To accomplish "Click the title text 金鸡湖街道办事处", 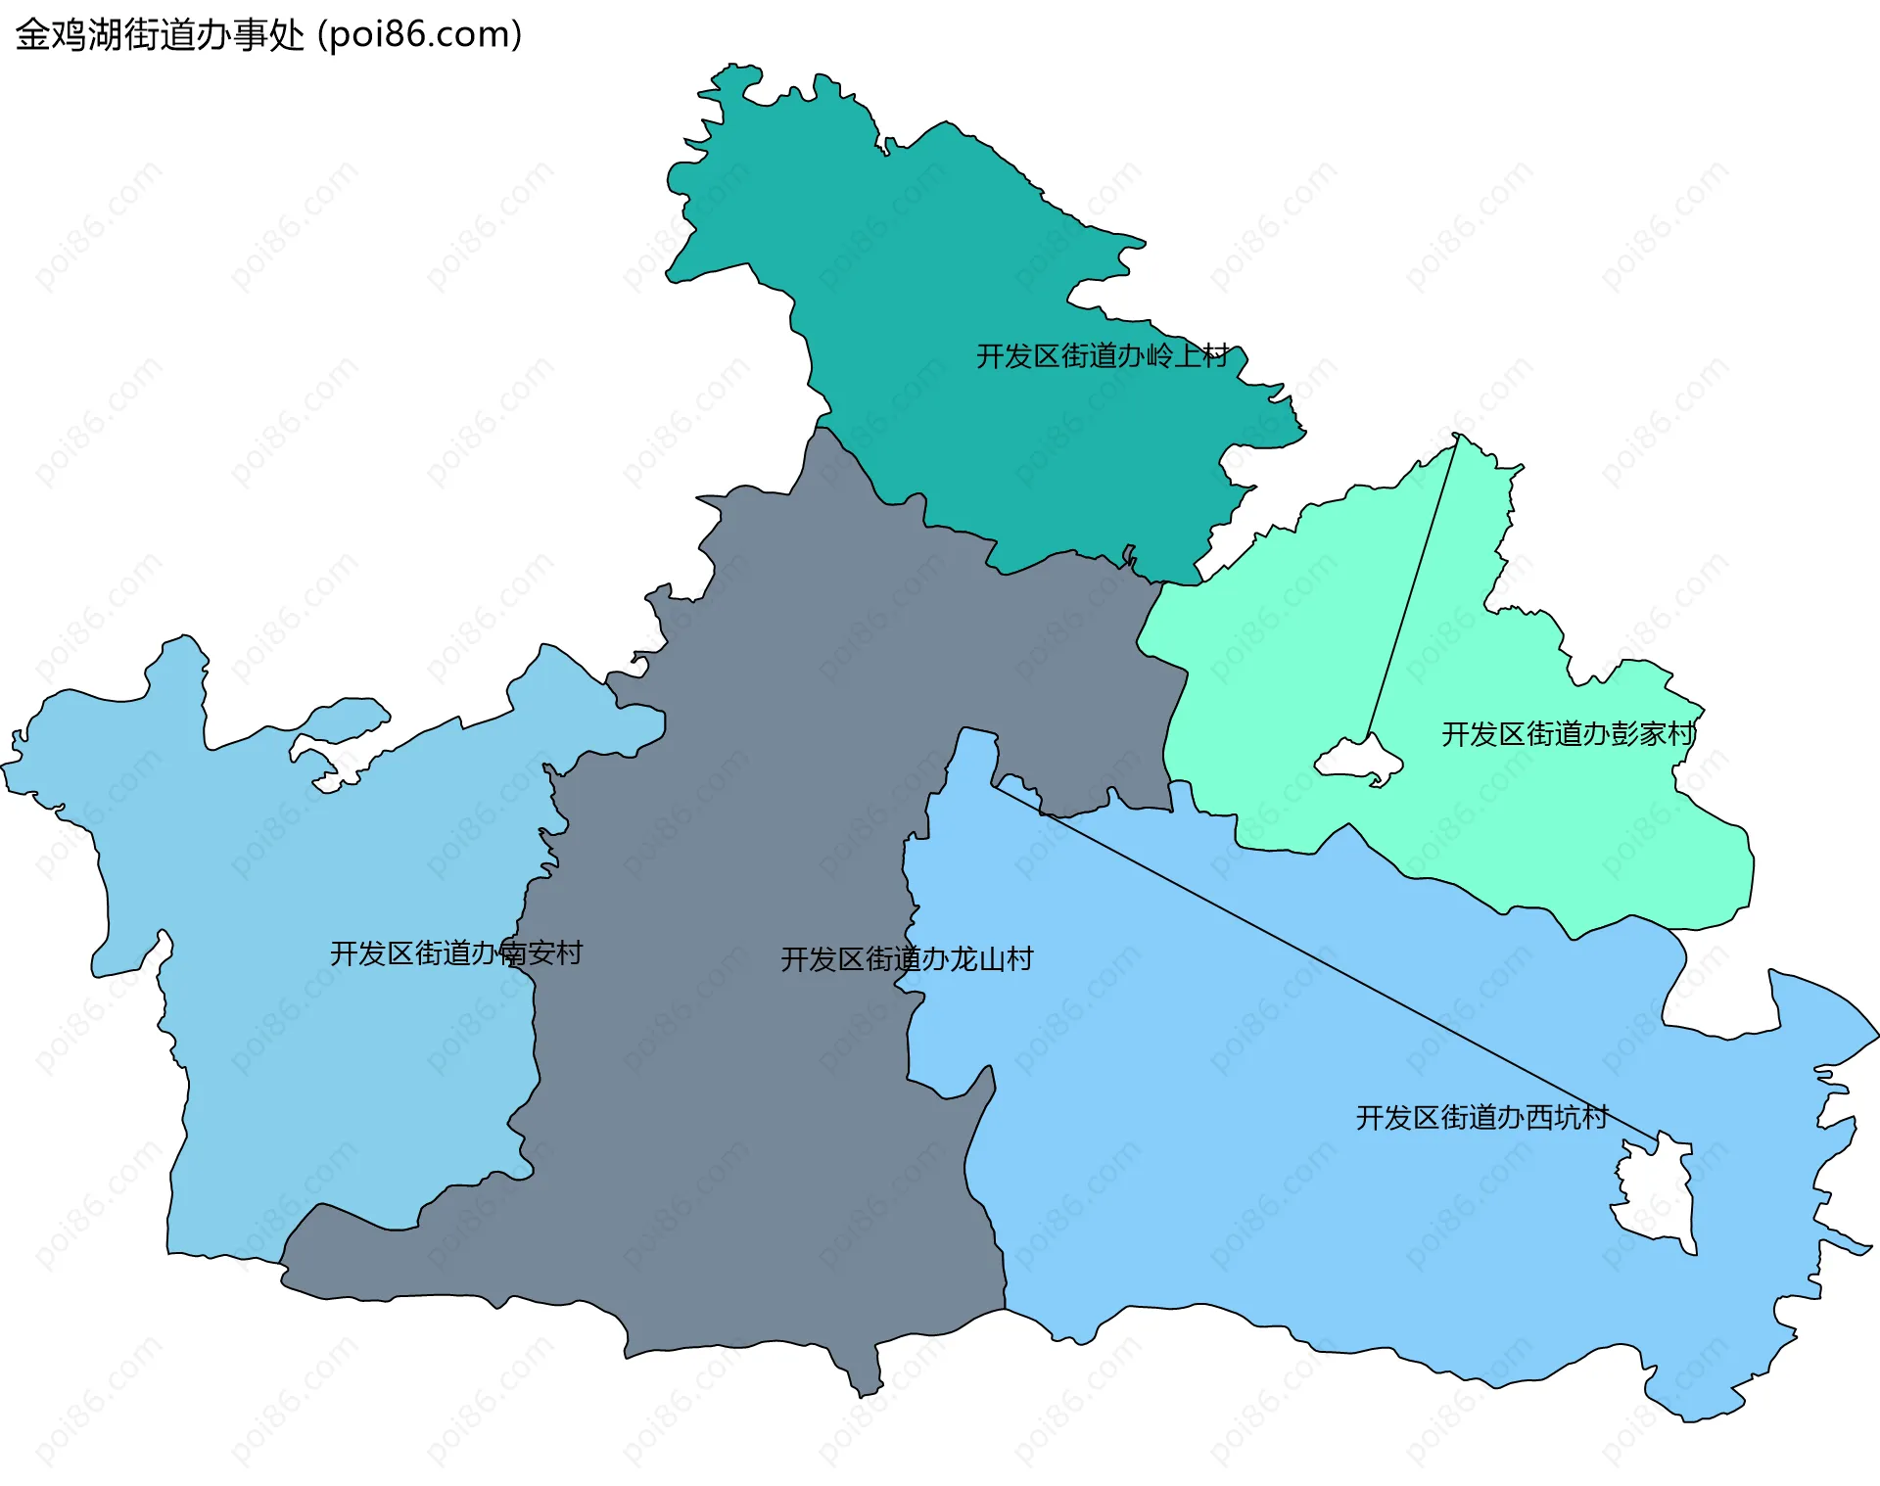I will point(160,35).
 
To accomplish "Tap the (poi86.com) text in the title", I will point(420,35).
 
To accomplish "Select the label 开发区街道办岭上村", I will point(1102,355).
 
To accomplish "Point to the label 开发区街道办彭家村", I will point(1568,733).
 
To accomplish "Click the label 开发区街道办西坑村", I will point(1481,1117).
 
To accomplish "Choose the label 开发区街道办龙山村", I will point(907,958).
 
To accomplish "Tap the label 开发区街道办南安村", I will point(456,952).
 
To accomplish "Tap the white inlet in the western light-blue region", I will point(338,724).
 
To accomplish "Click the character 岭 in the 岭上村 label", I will point(1159,355).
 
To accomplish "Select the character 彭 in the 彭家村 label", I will point(1624,733).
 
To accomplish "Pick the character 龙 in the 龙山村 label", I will point(964,958).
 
